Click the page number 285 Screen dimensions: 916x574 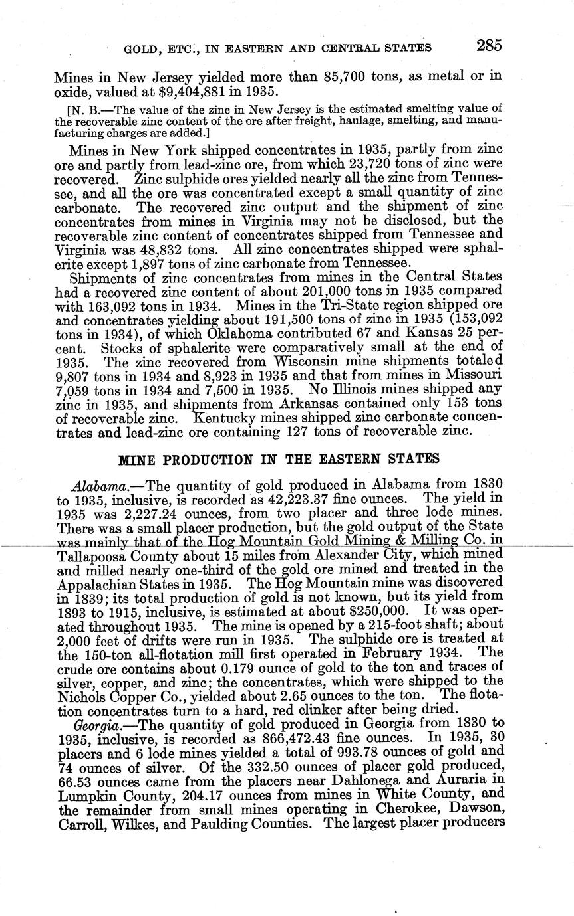pos(488,46)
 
